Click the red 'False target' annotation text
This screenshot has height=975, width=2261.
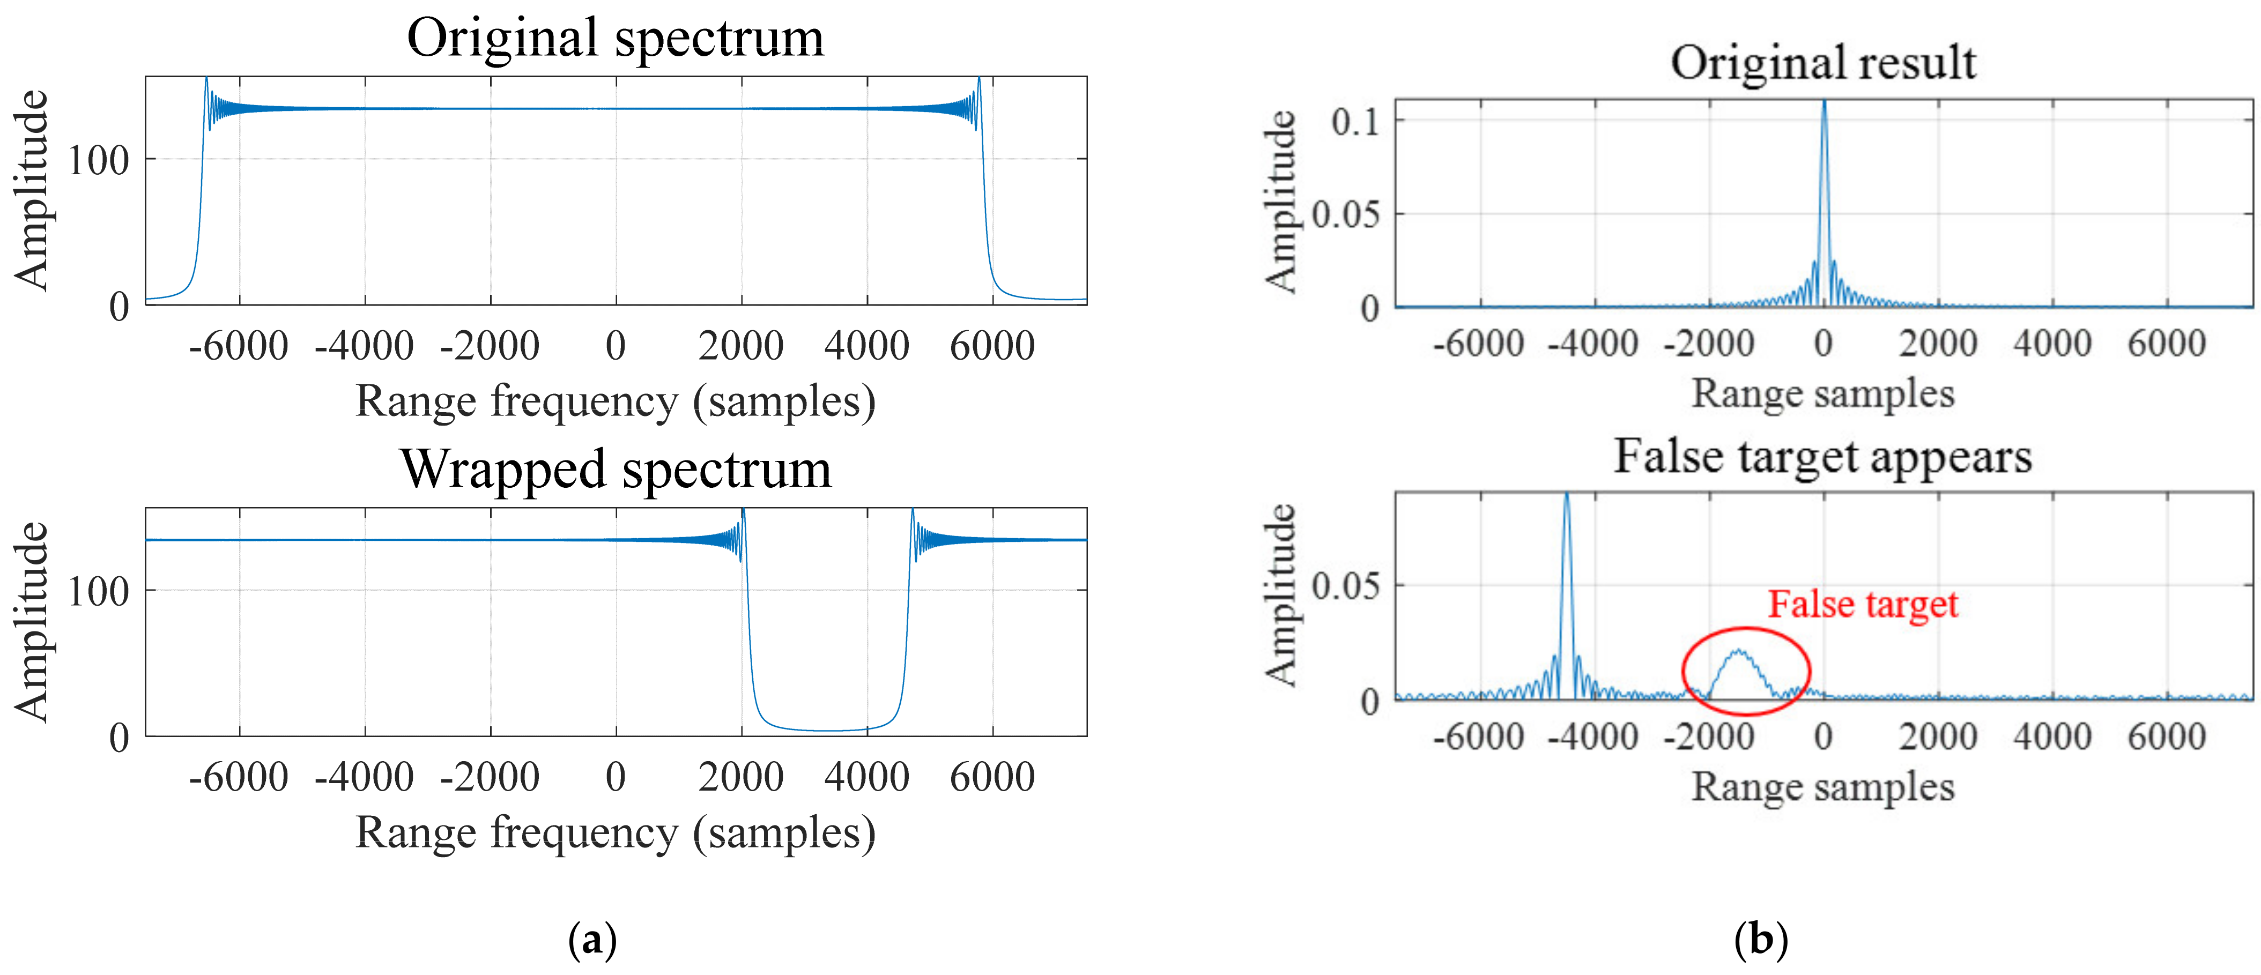(x=1863, y=604)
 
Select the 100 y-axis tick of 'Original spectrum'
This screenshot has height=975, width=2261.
(x=98, y=161)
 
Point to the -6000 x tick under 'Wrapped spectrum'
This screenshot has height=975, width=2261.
(x=239, y=777)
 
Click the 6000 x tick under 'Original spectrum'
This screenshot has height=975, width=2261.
(x=992, y=346)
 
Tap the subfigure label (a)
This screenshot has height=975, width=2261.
(x=592, y=940)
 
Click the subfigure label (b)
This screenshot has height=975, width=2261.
(x=1761, y=940)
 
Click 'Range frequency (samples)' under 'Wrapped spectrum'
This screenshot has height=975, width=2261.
(x=616, y=832)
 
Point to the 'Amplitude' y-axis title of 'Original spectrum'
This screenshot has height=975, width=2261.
(x=32, y=190)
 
